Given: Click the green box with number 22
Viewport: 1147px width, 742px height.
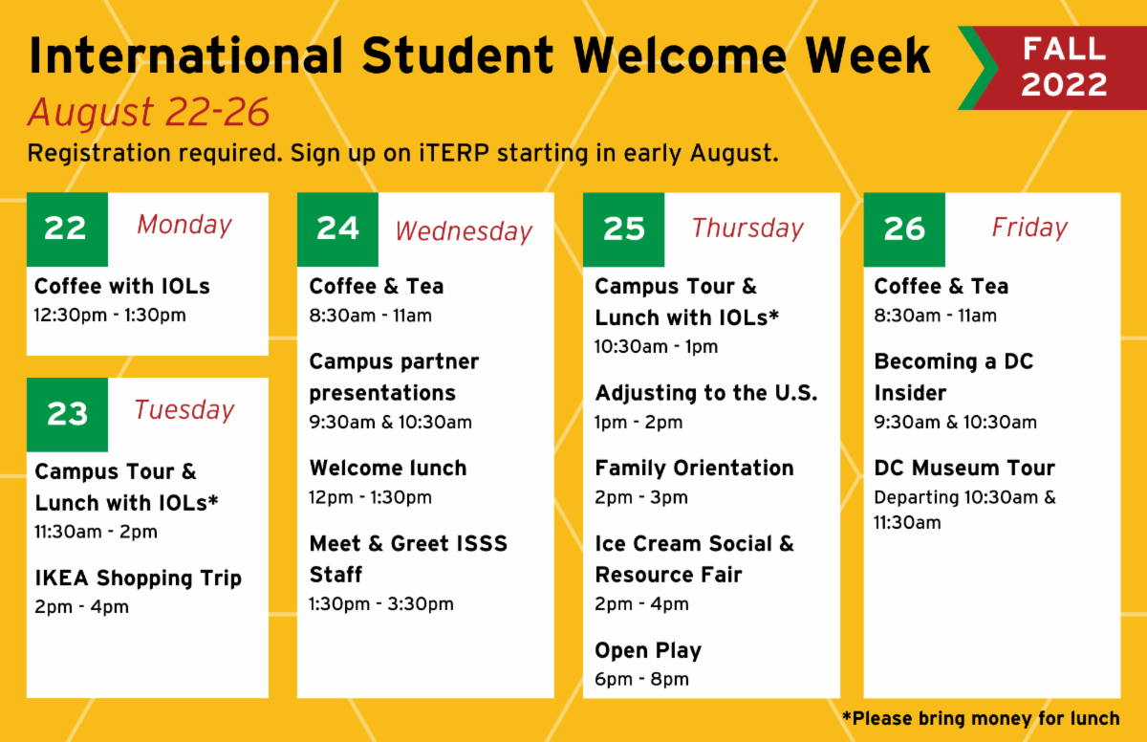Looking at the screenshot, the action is (x=67, y=229).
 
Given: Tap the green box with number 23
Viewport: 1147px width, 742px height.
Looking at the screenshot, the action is (x=67, y=415).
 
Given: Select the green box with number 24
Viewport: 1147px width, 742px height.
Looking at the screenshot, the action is (x=337, y=229).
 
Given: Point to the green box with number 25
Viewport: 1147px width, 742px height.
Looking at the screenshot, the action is (x=623, y=229).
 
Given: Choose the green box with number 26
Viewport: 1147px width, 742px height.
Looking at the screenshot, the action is (x=904, y=229).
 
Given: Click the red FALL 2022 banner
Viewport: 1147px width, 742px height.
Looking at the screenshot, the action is (x=1055, y=68).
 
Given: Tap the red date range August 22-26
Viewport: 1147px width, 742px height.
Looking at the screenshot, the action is (x=148, y=112).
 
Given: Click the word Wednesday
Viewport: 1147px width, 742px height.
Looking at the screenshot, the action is (x=464, y=231).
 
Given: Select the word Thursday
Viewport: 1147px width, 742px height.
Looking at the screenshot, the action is (x=747, y=229).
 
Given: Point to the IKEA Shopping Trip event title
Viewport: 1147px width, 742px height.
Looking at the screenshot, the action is (x=139, y=578).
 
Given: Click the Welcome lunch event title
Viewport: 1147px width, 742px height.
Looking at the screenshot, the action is (x=388, y=468).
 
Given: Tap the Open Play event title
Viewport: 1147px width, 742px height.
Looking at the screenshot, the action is (x=648, y=651).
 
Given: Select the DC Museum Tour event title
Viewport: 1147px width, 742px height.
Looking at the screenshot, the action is (x=964, y=468).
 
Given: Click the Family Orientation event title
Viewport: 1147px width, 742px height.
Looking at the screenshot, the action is (x=694, y=468).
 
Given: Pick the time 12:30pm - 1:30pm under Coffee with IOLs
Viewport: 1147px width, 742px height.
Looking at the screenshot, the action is (x=110, y=316).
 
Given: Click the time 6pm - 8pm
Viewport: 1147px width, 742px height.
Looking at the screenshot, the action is (x=641, y=680).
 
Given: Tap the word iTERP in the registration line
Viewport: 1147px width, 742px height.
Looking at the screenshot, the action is (x=454, y=153).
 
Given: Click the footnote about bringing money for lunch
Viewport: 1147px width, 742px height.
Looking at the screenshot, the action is (x=981, y=718).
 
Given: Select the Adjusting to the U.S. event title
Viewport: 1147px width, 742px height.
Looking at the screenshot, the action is (x=706, y=393).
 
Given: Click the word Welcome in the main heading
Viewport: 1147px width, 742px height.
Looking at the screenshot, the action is (x=680, y=55).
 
